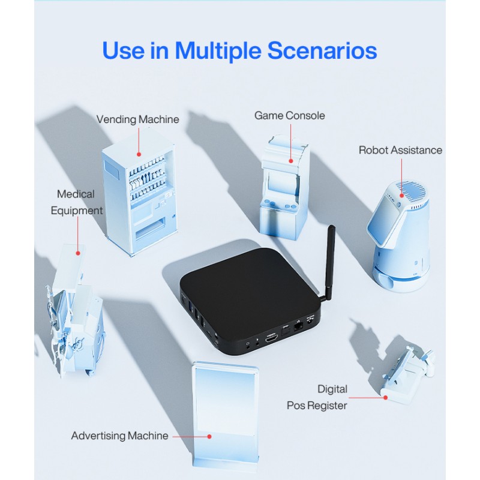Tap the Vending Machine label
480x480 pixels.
[138, 119]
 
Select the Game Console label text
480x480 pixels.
[290, 115]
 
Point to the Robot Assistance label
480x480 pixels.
[400, 150]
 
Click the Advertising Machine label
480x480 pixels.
[120, 436]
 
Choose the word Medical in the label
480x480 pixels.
[76, 194]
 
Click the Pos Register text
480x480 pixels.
[317, 406]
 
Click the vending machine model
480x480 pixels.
[139, 198]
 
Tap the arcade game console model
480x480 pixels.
[284, 192]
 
